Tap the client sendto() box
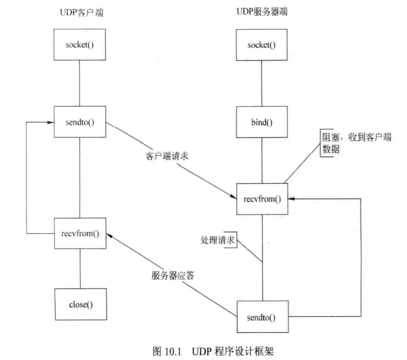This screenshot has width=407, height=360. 80,122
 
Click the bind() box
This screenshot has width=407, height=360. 262,122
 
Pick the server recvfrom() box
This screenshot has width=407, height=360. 262,199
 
